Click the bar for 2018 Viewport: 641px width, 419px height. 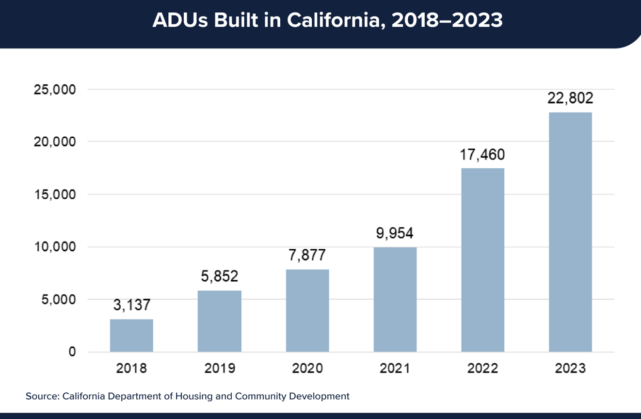[x=131, y=335]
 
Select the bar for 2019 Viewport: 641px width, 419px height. [x=219, y=321]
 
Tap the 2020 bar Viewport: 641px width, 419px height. [x=307, y=310]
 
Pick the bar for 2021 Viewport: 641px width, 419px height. [x=395, y=299]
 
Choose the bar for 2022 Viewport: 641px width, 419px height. [x=482, y=259]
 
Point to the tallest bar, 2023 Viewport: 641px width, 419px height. [x=570, y=232]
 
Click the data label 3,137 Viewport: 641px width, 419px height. [x=131, y=305]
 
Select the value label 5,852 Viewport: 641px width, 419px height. [x=219, y=276]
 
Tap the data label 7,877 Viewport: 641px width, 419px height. [x=307, y=255]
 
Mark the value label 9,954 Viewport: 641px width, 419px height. [x=395, y=233]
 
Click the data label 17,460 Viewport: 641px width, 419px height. [x=482, y=155]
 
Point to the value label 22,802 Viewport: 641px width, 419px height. [x=570, y=98]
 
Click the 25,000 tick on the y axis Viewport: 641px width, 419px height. [x=54, y=90]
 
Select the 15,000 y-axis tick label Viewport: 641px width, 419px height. [x=54, y=194]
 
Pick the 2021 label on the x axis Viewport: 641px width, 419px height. [x=395, y=369]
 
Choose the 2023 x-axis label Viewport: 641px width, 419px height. [x=570, y=369]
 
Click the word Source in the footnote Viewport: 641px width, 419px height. [x=42, y=396]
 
